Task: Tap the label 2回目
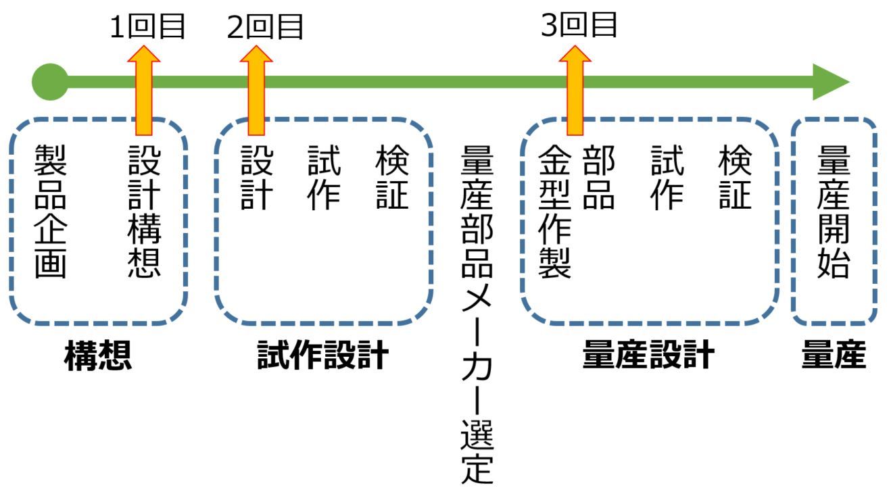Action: point(265,27)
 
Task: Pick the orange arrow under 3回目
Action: point(575,91)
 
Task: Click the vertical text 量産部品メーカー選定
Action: point(477,314)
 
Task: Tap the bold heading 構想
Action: point(98,356)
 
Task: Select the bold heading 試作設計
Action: point(323,355)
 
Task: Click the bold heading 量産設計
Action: point(648,355)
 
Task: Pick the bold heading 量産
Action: point(834,355)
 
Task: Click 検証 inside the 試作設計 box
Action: point(393,178)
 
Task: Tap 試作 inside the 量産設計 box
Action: point(667,178)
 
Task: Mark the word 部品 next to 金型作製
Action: point(598,178)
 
